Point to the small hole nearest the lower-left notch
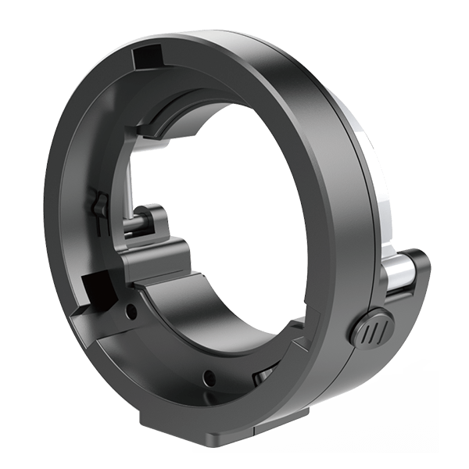click(131, 311)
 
